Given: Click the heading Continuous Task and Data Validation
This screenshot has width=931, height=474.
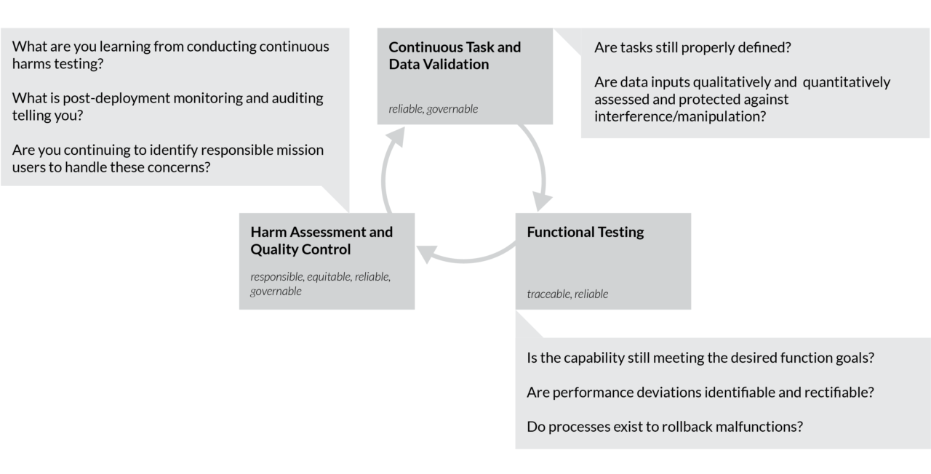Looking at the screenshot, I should pos(455,55).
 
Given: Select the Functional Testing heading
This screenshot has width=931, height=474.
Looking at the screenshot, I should pos(585,232).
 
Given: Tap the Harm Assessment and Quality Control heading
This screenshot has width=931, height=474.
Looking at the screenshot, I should pos(321,241).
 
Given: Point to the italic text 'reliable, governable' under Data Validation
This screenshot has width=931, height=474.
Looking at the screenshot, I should pos(433,109).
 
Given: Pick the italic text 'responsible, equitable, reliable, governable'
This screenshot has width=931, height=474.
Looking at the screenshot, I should pos(321,284).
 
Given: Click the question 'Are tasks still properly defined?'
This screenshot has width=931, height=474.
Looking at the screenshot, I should pos(692,47).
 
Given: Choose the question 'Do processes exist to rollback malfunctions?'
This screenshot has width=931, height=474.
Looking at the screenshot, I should pos(664,426).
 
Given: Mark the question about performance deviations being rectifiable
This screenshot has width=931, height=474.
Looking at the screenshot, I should pos(700,392).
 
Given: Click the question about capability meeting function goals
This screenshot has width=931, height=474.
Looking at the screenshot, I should pos(700,358).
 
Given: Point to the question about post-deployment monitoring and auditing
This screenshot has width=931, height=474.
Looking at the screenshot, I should pos(168,106).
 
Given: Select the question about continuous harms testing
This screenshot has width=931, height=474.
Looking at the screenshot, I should pos(170,55).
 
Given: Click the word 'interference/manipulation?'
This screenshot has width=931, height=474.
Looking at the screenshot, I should pos(679,116).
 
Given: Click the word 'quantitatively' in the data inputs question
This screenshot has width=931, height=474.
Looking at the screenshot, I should pos(846,81).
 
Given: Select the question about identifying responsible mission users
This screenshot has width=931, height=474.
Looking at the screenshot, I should pos(168,158).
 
